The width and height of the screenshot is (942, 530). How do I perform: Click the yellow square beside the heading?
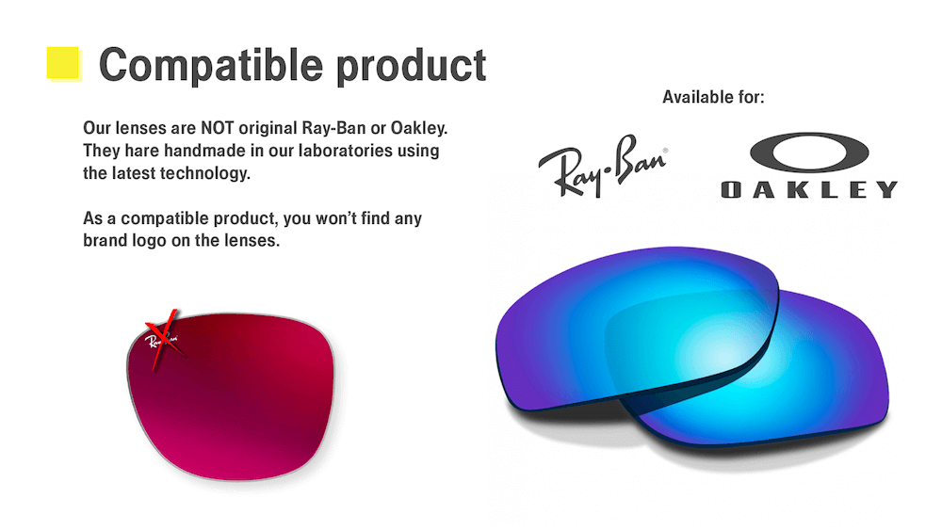[63, 63]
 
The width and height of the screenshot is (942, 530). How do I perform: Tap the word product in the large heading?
[412, 65]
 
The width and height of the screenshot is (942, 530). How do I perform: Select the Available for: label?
[713, 97]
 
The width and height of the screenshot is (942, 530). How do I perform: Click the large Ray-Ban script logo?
[603, 166]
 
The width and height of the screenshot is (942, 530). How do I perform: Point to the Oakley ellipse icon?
[809, 153]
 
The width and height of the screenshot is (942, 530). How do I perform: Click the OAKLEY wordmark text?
[809, 189]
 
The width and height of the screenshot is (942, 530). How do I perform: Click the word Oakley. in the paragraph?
[419, 128]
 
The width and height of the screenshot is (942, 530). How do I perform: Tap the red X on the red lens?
[163, 340]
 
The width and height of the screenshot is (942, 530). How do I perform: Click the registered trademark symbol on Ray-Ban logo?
[665, 151]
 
